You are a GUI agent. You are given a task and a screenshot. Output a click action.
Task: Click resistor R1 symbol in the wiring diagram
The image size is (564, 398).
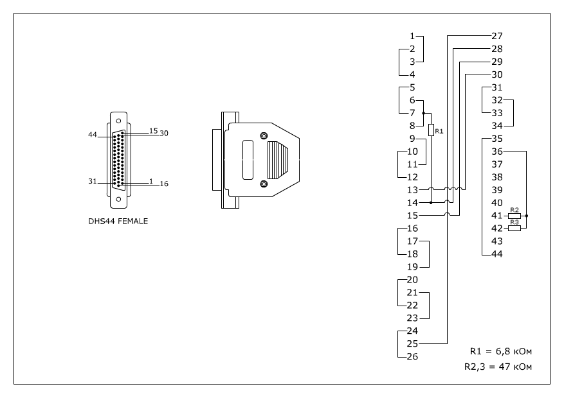click(x=431, y=130)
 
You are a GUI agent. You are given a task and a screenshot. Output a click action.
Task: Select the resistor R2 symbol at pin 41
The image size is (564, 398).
click(x=514, y=216)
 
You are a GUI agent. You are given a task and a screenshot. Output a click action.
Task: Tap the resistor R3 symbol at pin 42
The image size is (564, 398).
click(x=514, y=228)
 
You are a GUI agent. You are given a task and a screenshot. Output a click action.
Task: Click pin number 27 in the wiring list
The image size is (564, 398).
click(x=496, y=36)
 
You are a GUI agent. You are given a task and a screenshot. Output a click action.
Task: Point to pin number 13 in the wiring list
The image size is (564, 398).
click(x=413, y=190)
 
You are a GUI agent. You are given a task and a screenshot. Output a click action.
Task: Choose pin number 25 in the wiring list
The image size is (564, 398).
click(x=413, y=344)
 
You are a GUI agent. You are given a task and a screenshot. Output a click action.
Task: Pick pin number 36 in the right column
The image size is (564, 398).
click(x=496, y=151)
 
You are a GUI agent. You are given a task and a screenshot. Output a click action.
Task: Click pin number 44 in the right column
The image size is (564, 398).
click(x=496, y=254)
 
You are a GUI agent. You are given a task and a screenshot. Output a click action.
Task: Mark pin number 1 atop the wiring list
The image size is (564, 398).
click(x=413, y=36)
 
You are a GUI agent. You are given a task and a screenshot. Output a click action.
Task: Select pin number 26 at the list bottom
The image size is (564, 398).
click(x=413, y=357)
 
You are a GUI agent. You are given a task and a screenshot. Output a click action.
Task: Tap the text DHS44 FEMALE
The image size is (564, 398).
click(x=119, y=222)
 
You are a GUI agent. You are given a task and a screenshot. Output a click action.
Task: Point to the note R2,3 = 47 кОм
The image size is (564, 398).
click(x=498, y=367)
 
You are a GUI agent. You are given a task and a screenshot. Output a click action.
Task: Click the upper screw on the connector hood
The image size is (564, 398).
click(x=264, y=135)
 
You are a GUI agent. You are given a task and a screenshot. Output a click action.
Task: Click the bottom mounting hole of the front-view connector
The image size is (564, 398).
click(x=118, y=199)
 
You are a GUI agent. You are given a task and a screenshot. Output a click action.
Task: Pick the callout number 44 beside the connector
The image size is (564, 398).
click(x=93, y=135)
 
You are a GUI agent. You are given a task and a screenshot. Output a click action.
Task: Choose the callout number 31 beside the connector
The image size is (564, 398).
click(x=93, y=182)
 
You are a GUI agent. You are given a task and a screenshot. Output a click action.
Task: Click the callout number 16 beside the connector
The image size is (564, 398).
click(x=164, y=184)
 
